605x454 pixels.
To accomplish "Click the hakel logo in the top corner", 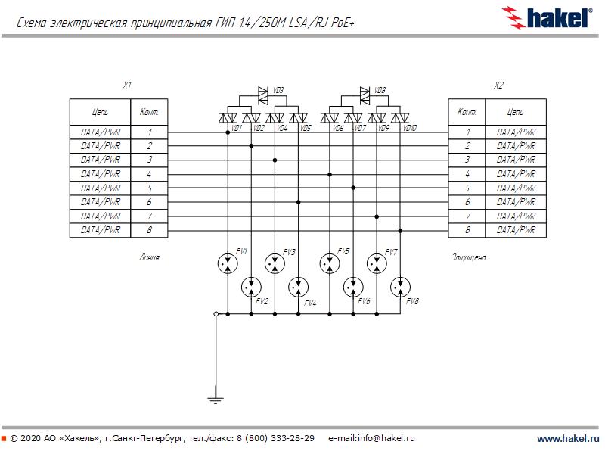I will click(547, 17).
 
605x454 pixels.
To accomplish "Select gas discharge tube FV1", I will click(227, 263).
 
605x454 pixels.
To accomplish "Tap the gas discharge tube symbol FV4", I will click(299, 288).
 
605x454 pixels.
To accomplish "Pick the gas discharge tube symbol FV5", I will click(329, 263).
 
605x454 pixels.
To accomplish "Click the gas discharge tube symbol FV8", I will click(400, 288).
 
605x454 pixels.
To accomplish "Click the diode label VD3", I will click(278, 90).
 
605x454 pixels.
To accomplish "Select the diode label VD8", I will click(380, 90).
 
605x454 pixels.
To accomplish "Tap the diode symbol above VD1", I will click(226, 117).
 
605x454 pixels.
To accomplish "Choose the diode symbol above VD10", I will click(400, 117).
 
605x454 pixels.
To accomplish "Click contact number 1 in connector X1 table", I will click(150, 132).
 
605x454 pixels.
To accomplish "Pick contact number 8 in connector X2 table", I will click(467, 229).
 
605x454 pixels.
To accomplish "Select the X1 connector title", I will click(128, 86).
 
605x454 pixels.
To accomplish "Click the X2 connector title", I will click(498, 86).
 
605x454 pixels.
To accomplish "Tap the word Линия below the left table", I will click(149, 257).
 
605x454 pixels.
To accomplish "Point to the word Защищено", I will click(468, 257).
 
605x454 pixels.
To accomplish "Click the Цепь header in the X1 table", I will click(100, 112).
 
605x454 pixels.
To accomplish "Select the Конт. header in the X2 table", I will click(467, 112).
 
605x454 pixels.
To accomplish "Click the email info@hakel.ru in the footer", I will click(372, 438).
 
